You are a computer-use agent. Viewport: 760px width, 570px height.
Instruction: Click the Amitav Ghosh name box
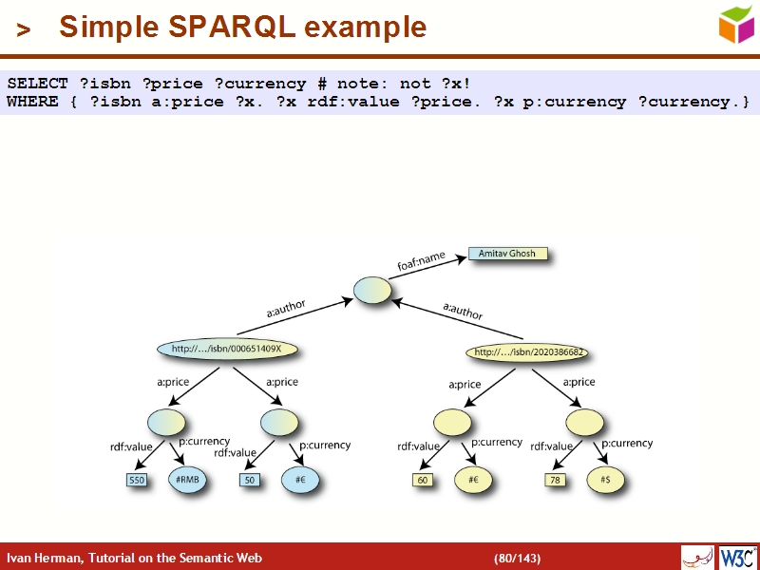[507, 255]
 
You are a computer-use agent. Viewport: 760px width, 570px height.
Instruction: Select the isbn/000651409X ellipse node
[227, 350]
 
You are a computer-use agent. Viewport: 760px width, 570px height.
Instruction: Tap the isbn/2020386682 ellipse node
[528, 352]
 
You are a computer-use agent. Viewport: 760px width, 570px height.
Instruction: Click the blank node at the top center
[372, 291]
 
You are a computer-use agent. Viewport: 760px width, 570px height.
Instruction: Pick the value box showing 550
[137, 481]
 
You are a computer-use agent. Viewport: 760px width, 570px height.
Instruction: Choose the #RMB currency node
[187, 480]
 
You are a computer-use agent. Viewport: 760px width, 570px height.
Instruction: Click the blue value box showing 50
[250, 481]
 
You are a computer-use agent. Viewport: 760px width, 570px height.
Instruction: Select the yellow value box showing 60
[423, 481]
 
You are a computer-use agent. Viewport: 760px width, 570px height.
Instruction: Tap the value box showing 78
[555, 481]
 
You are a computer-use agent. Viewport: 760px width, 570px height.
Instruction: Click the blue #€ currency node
[300, 480]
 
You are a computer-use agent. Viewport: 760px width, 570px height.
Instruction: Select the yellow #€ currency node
[472, 480]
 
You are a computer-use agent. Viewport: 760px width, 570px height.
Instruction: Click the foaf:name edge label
[421, 262]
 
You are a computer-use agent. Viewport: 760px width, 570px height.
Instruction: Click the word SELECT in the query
[37, 85]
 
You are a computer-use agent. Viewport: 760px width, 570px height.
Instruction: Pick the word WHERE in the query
[32, 102]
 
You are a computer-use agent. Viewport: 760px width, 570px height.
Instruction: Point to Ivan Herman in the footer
[42, 558]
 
